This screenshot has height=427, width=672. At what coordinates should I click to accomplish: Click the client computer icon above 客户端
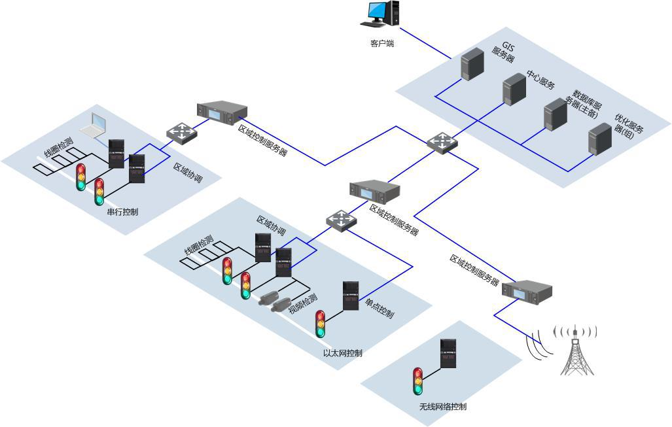381,15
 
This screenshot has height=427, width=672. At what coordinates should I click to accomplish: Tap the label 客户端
382,44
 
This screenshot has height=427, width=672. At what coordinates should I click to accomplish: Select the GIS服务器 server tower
471,64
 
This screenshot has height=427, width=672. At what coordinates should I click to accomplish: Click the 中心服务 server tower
514,90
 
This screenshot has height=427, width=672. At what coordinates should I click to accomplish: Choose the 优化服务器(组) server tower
599,139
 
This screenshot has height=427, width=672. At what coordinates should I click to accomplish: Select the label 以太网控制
342,353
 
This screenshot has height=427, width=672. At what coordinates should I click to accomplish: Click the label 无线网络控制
443,407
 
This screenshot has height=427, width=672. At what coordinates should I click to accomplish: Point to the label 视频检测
303,302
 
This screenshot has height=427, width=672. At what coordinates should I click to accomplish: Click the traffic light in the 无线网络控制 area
418,381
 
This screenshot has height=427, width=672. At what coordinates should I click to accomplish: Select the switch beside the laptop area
181,133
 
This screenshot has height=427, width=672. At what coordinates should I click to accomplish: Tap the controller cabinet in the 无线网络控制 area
448,354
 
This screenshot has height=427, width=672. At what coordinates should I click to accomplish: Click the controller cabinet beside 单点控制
350,296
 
